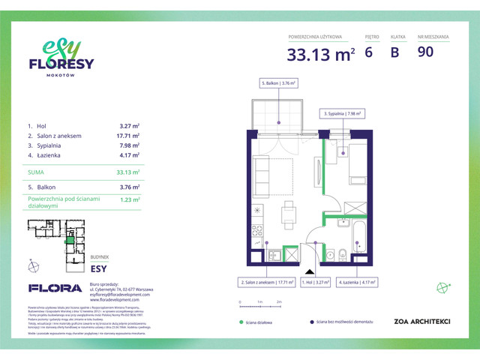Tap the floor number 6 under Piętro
pyautogui.click(x=368, y=52)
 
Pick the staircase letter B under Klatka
pyautogui.click(x=394, y=52)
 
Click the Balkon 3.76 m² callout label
pyautogui.click(x=279, y=83)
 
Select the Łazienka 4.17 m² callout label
pyautogui.click(x=357, y=282)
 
